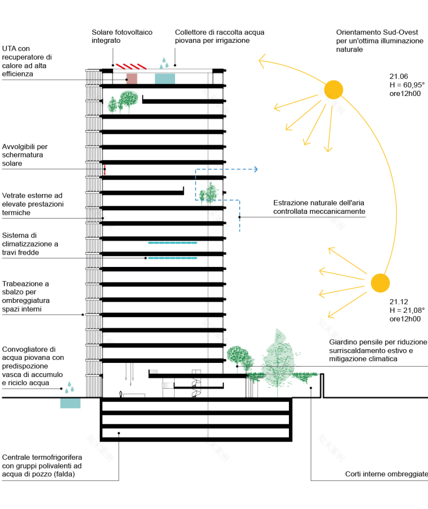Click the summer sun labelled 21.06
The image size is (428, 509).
(x=334, y=90)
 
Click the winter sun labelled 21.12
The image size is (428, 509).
(x=380, y=283)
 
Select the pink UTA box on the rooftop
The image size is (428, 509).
(x=131, y=78)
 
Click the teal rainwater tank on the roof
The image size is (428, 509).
(x=165, y=78)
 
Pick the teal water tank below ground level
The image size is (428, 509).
(x=71, y=403)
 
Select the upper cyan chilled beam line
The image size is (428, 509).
(x=172, y=242)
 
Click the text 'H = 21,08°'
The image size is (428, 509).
(x=407, y=310)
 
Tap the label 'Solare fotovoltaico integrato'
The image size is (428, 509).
(x=122, y=36)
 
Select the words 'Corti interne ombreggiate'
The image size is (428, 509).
(x=386, y=474)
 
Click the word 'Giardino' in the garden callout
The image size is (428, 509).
(x=343, y=342)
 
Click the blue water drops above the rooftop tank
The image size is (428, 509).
(x=165, y=63)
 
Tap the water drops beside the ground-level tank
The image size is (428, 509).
(x=70, y=387)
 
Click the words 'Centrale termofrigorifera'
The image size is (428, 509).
(x=42, y=457)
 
